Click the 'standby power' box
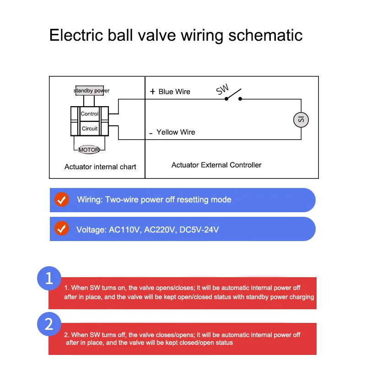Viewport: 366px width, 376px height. coord(91,91)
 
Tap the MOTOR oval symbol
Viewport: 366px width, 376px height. coord(89,150)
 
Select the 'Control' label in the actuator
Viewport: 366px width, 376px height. coord(90,113)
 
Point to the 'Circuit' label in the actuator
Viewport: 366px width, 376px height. coord(90,129)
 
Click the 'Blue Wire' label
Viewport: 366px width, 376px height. coord(174,91)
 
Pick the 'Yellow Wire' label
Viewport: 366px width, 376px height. coord(176,132)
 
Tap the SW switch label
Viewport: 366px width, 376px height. coord(222,90)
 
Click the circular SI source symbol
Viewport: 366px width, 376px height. coord(301,120)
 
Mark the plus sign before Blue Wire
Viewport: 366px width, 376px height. coord(152,91)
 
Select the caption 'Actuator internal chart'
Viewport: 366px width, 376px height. coord(100,167)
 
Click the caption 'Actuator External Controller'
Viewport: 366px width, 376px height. coord(216,165)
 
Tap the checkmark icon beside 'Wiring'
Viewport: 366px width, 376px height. coord(62,200)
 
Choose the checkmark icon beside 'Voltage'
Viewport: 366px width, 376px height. coord(62,229)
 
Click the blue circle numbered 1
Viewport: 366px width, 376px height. coord(49,278)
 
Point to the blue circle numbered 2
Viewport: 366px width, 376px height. coord(49,324)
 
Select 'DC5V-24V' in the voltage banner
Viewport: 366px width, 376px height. coord(199,229)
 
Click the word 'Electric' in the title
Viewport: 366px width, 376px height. coord(76,35)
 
